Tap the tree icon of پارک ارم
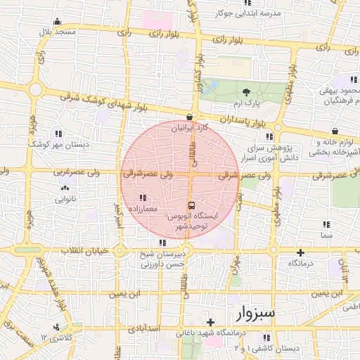tap(246, 93)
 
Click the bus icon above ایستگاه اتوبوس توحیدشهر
tap(192, 206)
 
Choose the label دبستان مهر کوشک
tap(57, 143)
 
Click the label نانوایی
tap(65, 199)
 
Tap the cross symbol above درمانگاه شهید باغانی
tap(209, 321)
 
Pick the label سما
tap(326, 236)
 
